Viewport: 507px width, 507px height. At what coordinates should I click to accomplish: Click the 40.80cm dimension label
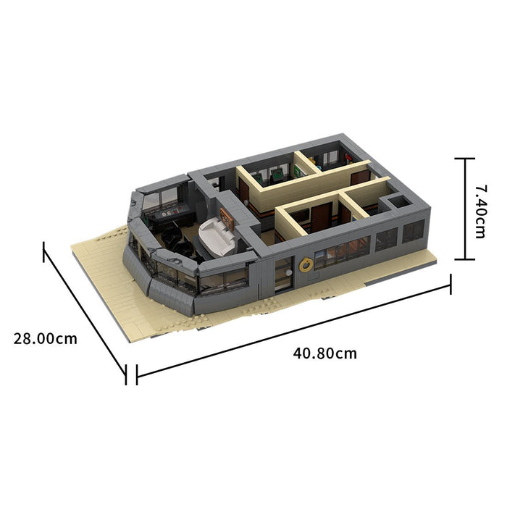coord(325,353)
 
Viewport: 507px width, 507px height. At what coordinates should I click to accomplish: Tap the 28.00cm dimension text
coord(45,339)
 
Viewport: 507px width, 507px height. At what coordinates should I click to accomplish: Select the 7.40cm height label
coord(481,211)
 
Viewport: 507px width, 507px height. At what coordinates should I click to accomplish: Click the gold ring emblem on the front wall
coord(305,265)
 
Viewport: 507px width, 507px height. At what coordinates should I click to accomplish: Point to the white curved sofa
coord(216,237)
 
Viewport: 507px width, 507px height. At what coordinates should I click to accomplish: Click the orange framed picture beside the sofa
coord(227,219)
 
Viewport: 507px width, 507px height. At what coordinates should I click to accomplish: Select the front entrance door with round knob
coord(284,273)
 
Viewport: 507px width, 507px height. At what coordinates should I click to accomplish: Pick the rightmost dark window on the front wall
coord(414,231)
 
